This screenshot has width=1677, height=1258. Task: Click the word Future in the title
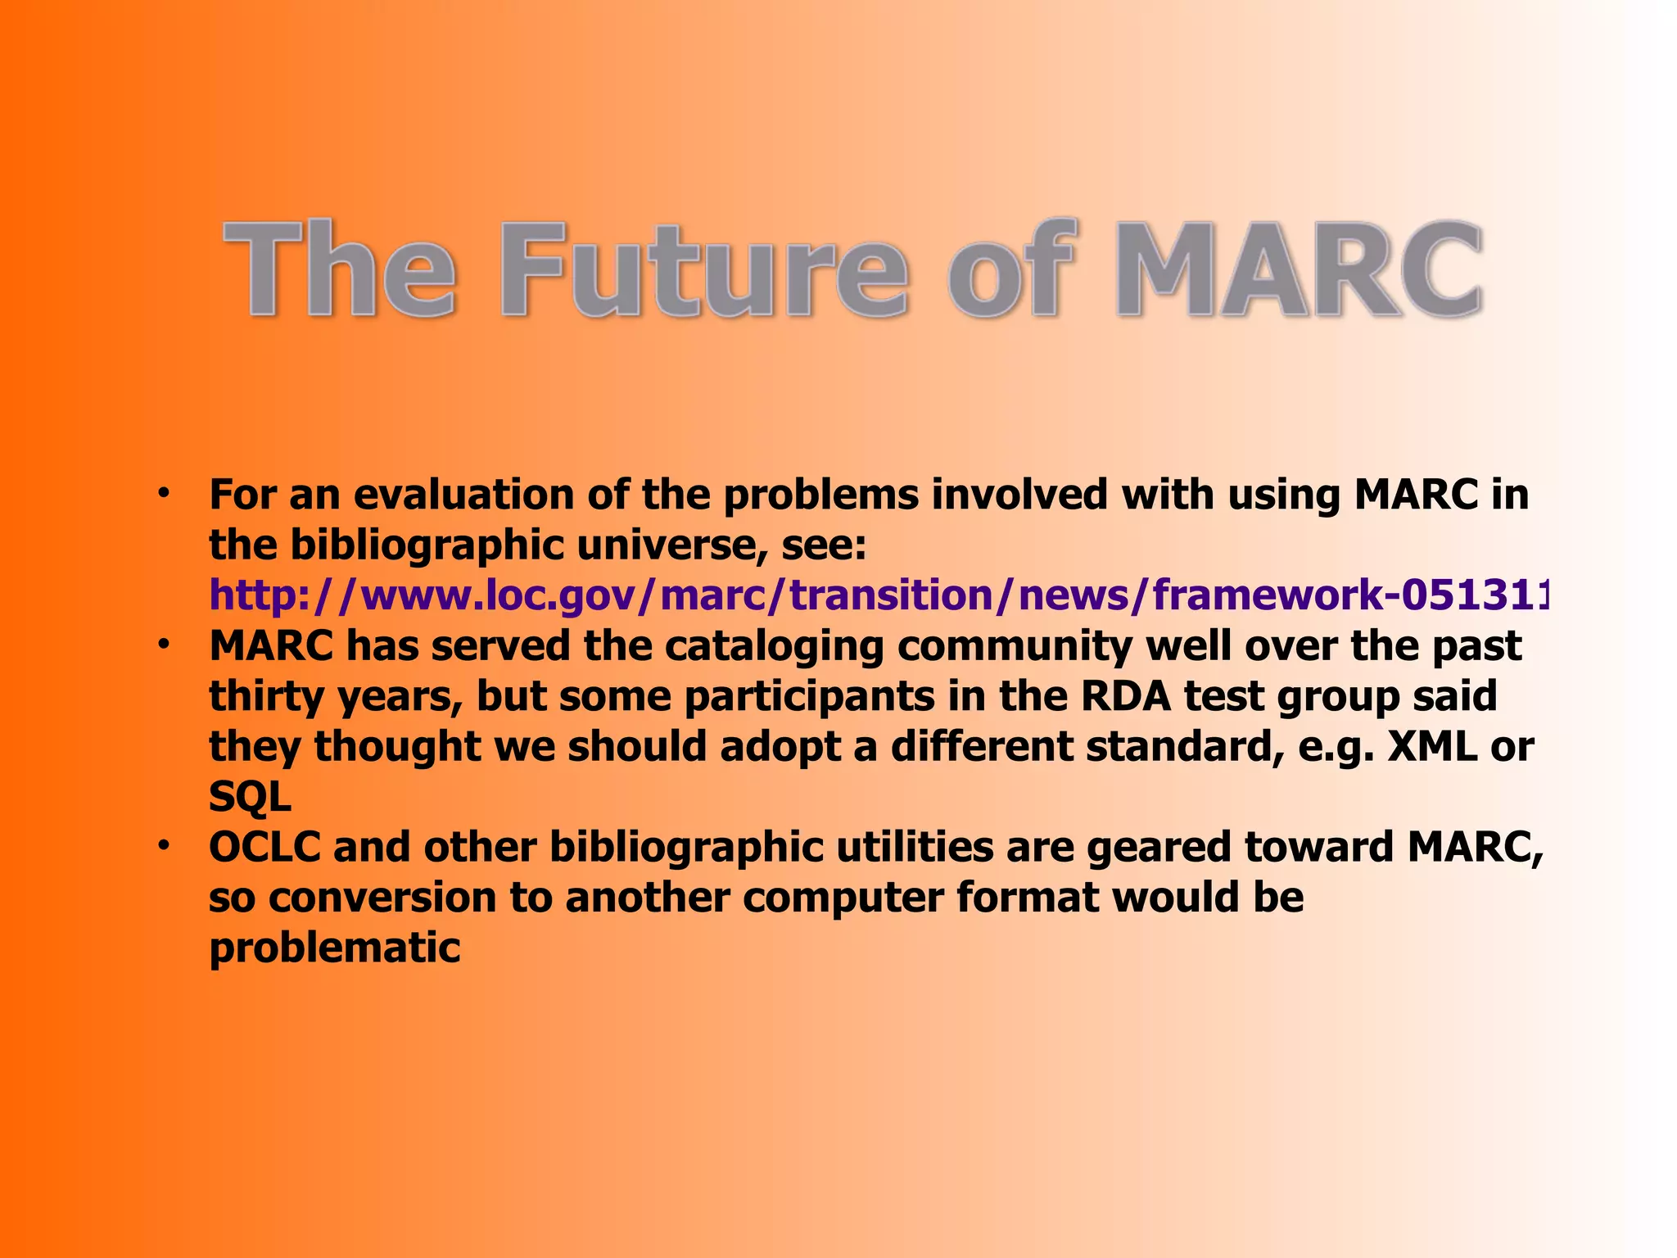click(704, 270)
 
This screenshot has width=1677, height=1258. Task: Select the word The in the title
click(340, 270)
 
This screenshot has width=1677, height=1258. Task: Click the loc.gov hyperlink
click(876, 595)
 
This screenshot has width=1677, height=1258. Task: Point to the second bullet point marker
click(164, 645)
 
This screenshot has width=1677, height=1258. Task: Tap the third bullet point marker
click(164, 844)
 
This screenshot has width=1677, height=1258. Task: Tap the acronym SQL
click(250, 797)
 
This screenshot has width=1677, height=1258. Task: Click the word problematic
click(335, 948)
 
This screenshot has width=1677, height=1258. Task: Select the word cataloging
click(774, 647)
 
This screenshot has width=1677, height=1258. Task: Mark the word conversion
click(382, 898)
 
